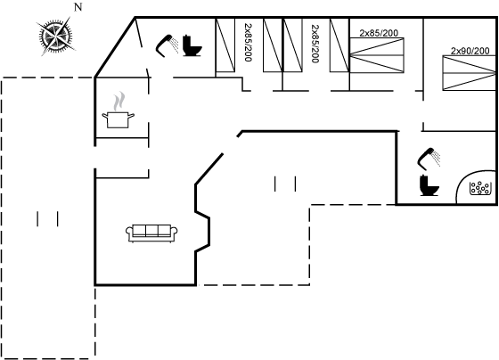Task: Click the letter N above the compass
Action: tap(78, 7)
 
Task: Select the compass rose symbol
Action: tap(55, 36)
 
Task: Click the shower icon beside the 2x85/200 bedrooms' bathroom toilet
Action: tap(168, 45)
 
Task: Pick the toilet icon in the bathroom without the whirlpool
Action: tap(192, 46)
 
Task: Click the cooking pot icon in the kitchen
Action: tap(118, 119)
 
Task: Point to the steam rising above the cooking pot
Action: tap(119, 101)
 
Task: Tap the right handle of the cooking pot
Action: tap(131, 115)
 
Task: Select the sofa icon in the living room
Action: tap(151, 233)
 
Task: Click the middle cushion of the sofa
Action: tap(151, 231)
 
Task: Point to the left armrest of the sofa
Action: tap(129, 233)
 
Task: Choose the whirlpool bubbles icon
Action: tap(479, 188)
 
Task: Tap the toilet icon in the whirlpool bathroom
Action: tap(429, 185)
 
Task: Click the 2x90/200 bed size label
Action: tap(470, 51)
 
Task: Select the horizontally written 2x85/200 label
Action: tap(379, 33)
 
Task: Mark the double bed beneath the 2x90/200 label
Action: tap(470, 73)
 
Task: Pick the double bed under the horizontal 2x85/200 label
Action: tap(377, 55)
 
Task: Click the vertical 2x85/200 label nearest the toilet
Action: tap(249, 42)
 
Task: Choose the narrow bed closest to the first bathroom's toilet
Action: tap(225, 45)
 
